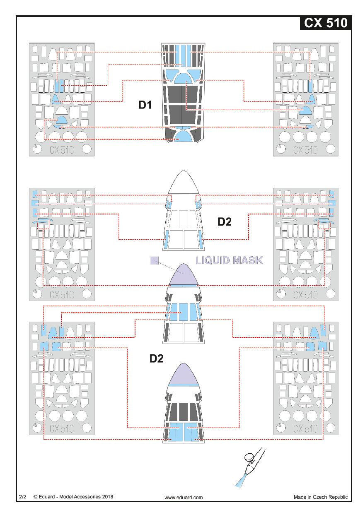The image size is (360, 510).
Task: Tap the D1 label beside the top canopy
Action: point(145,105)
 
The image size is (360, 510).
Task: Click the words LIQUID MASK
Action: point(229,260)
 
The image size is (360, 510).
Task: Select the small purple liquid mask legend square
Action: point(155,260)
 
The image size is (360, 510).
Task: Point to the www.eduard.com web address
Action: point(184,497)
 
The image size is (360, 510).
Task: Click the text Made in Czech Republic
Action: point(321,497)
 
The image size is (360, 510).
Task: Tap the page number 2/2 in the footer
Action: point(23,496)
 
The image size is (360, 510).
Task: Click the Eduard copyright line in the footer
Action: point(73,496)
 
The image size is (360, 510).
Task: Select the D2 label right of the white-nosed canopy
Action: point(225,221)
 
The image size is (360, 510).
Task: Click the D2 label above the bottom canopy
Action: point(157,359)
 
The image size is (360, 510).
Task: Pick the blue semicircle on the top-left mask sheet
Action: point(61,120)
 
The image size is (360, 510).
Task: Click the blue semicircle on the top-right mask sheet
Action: point(306,110)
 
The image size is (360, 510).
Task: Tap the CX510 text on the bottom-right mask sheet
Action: point(306,428)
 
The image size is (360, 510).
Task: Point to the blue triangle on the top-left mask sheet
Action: point(56,99)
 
